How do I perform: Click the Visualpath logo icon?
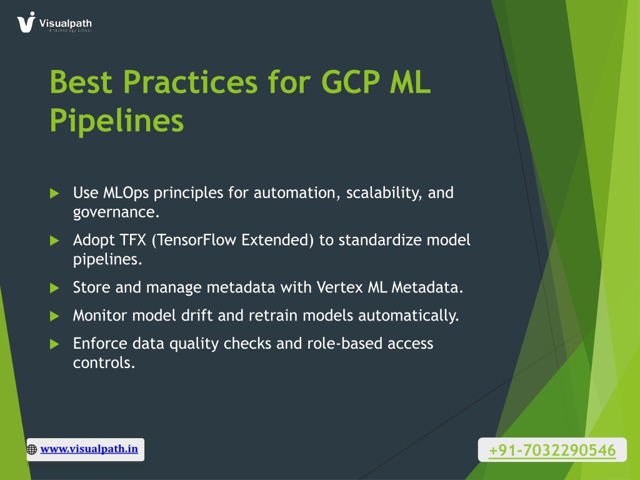tap(26, 22)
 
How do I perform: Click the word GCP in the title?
tap(351, 82)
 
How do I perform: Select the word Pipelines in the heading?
tap(117, 121)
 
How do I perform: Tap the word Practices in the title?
tap(190, 82)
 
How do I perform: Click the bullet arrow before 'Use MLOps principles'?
tap(54, 193)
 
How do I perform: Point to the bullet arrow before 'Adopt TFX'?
tap(54, 241)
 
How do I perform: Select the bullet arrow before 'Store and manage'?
tap(54, 288)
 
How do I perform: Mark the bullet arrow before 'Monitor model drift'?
tap(54, 316)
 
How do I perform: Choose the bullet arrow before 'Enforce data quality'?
tap(54, 344)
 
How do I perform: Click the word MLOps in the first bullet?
tap(126, 193)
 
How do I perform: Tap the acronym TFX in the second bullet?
tap(132, 240)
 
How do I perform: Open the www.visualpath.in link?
tap(89, 449)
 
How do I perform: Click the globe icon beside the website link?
tap(32, 449)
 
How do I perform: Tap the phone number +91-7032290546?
tap(552, 450)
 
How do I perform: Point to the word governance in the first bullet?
tap(116, 212)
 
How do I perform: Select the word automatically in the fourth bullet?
tap(409, 316)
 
